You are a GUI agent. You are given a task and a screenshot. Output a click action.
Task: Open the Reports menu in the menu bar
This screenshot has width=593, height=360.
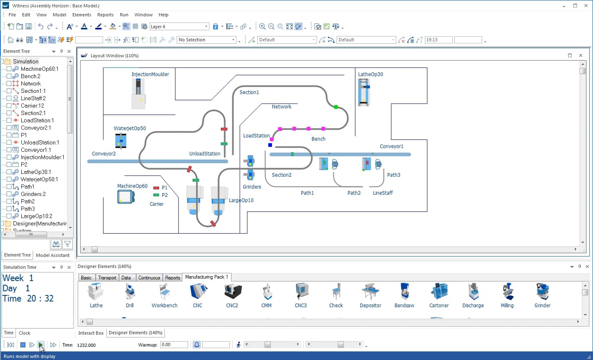(x=106, y=15)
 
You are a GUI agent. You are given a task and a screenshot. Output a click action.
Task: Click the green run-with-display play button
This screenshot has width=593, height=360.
(x=40, y=344)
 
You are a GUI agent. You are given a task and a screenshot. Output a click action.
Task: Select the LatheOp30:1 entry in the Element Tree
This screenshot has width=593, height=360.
(x=36, y=172)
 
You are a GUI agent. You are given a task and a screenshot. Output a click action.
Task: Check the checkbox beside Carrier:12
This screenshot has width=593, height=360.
(x=9, y=106)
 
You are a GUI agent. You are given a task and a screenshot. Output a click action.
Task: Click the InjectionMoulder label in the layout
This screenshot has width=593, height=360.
(x=150, y=74)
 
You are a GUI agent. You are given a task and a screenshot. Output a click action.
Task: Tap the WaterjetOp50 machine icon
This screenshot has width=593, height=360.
(x=121, y=141)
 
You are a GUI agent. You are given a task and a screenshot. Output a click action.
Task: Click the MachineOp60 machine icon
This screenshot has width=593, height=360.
(x=126, y=197)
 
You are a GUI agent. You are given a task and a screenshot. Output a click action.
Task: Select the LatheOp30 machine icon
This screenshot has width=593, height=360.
(x=364, y=92)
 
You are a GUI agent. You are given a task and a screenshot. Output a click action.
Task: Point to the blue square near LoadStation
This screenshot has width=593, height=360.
(x=270, y=145)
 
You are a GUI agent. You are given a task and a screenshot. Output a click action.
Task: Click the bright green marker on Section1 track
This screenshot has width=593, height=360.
(x=336, y=107)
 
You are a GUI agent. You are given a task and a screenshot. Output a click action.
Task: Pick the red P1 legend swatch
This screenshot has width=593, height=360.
(x=156, y=188)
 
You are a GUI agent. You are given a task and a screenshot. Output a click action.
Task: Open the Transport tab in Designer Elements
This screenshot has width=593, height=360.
(x=107, y=278)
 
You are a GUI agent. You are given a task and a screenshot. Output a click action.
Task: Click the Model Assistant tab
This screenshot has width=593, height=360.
(x=53, y=255)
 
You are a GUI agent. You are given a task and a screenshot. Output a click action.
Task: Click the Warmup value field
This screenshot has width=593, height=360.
(x=174, y=344)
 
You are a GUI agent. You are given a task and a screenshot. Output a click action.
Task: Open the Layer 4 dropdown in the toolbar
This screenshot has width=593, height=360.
(x=179, y=27)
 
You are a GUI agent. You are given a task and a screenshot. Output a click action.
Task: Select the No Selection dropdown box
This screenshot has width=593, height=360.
(x=206, y=40)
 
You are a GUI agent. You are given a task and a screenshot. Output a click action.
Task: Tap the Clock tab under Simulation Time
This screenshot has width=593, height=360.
(x=25, y=333)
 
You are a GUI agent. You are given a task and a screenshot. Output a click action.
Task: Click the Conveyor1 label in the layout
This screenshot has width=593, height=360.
(x=391, y=146)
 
